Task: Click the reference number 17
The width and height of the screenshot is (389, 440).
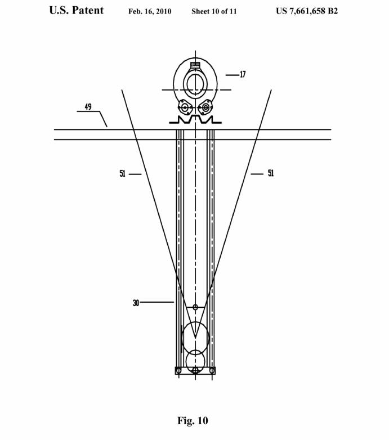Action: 243,74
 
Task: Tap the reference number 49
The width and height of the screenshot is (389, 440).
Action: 88,107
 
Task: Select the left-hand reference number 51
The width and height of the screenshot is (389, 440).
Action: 123,173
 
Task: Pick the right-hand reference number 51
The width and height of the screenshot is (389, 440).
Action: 271,173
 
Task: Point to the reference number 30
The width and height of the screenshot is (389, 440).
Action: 136,303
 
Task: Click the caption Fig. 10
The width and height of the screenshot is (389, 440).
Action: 193,420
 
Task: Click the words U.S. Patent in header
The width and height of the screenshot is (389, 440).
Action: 77,10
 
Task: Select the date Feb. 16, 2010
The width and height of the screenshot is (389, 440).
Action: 150,11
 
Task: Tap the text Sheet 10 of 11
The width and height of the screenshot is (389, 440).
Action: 214,11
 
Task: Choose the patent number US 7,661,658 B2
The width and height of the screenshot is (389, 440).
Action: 307,11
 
